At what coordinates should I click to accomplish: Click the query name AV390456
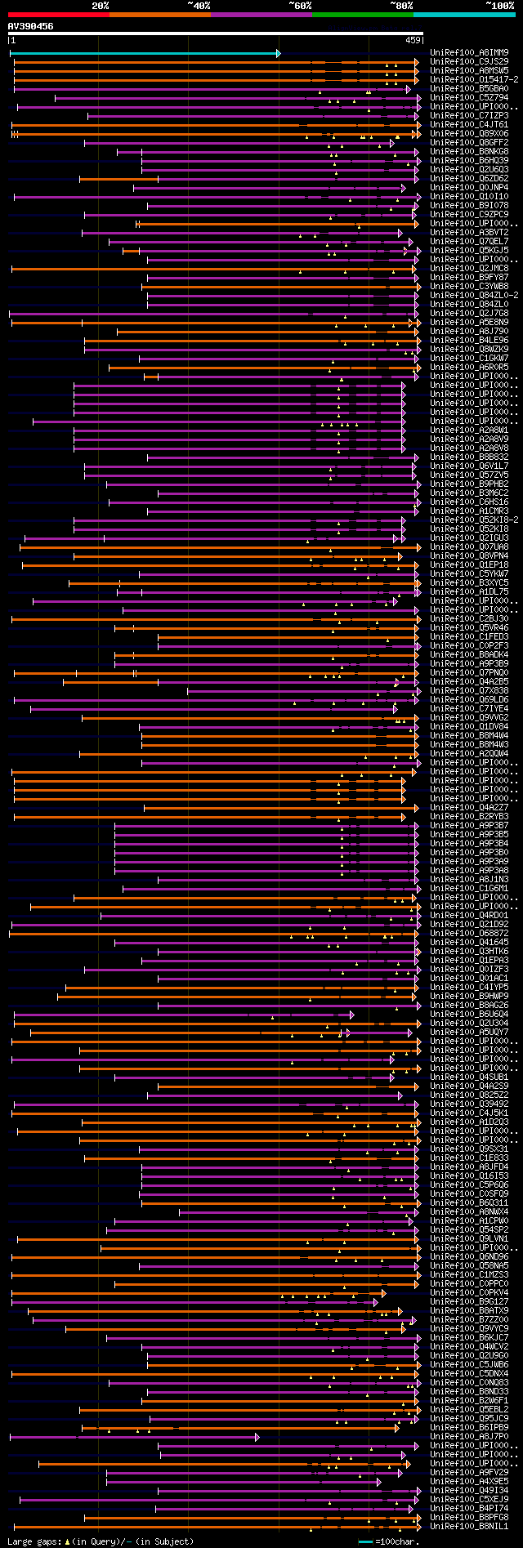(x=31, y=26)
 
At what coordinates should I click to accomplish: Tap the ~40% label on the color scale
(x=199, y=6)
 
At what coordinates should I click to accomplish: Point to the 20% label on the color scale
(x=100, y=6)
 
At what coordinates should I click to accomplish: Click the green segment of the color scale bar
(x=362, y=14)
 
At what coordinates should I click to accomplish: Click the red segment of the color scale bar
(x=58, y=14)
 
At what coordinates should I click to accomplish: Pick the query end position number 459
(x=413, y=40)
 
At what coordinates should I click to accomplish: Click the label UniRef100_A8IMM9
(x=469, y=52)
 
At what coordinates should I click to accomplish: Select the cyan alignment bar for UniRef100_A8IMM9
(x=144, y=53)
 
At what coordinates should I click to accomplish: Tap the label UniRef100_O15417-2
(x=474, y=79)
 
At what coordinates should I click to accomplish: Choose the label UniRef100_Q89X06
(x=469, y=133)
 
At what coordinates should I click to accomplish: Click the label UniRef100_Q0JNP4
(x=469, y=187)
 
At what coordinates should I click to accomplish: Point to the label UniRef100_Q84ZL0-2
(x=474, y=295)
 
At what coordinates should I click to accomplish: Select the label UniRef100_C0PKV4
(x=469, y=1292)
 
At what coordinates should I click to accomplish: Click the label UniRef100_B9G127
(x=469, y=1301)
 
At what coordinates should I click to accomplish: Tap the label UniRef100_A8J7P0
(x=469, y=1436)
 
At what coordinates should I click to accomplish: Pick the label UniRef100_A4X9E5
(x=469, y=1481)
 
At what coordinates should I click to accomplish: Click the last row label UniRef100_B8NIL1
(x=469, y=1526)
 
